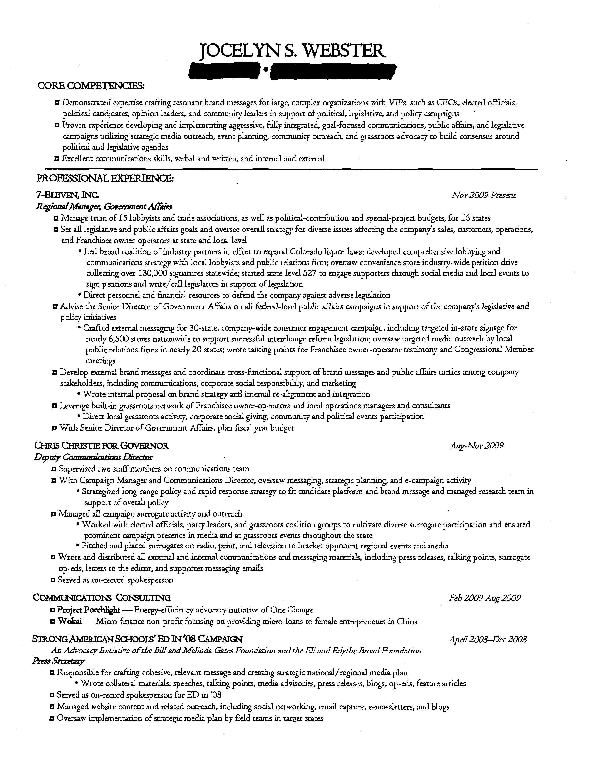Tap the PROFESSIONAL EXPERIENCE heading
[x=105, y=179]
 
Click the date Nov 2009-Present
[x=484, y=195]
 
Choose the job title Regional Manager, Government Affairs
[x=104, y=206]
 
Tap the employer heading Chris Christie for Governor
[x=101, y=446]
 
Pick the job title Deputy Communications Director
[x=93, y=457]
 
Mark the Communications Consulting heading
[x=102, y=598]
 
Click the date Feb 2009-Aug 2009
[x=485, y=598]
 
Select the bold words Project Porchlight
[x=89, y=610]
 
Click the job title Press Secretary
[x=58, y=661]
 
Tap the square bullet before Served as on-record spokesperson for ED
[x=52, y=695]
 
